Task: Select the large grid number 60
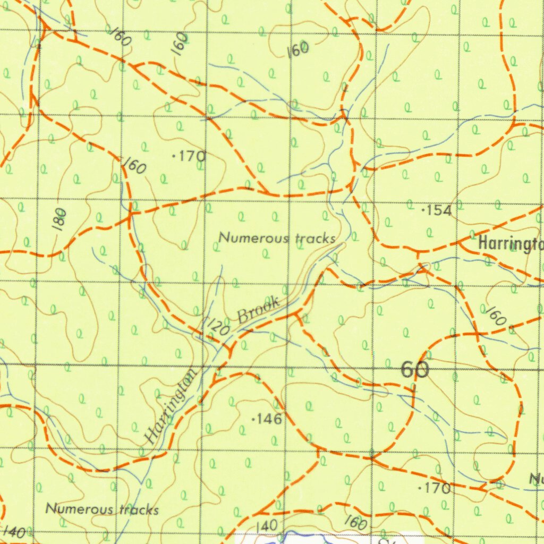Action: point(415,369)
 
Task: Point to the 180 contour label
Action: point(60,219)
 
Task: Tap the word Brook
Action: point(259,309)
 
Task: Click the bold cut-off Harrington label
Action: point(510,244)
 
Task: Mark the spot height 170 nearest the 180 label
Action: point(190,157)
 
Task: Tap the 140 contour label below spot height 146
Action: point(266,526)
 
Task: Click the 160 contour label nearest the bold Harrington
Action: point(495,316)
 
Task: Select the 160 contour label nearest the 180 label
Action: point(134,166)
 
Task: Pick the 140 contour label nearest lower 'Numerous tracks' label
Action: point(14,531)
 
